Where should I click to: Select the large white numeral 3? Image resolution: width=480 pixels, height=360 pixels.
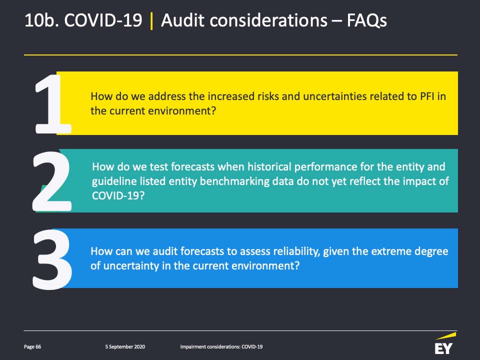point(52,259)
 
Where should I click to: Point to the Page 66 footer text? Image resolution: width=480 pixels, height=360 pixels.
point(32,347)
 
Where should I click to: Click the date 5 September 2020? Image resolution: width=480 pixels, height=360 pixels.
point(125,347)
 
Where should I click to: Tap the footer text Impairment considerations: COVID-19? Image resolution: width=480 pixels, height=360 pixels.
point(221,347)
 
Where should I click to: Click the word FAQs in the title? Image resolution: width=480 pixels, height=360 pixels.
point(366,20)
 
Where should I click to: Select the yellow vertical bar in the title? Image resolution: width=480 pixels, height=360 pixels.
point(151,21)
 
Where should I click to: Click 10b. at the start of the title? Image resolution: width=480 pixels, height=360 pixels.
point(41,20)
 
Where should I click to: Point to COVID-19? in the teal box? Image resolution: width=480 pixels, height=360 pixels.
point(118,195)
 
